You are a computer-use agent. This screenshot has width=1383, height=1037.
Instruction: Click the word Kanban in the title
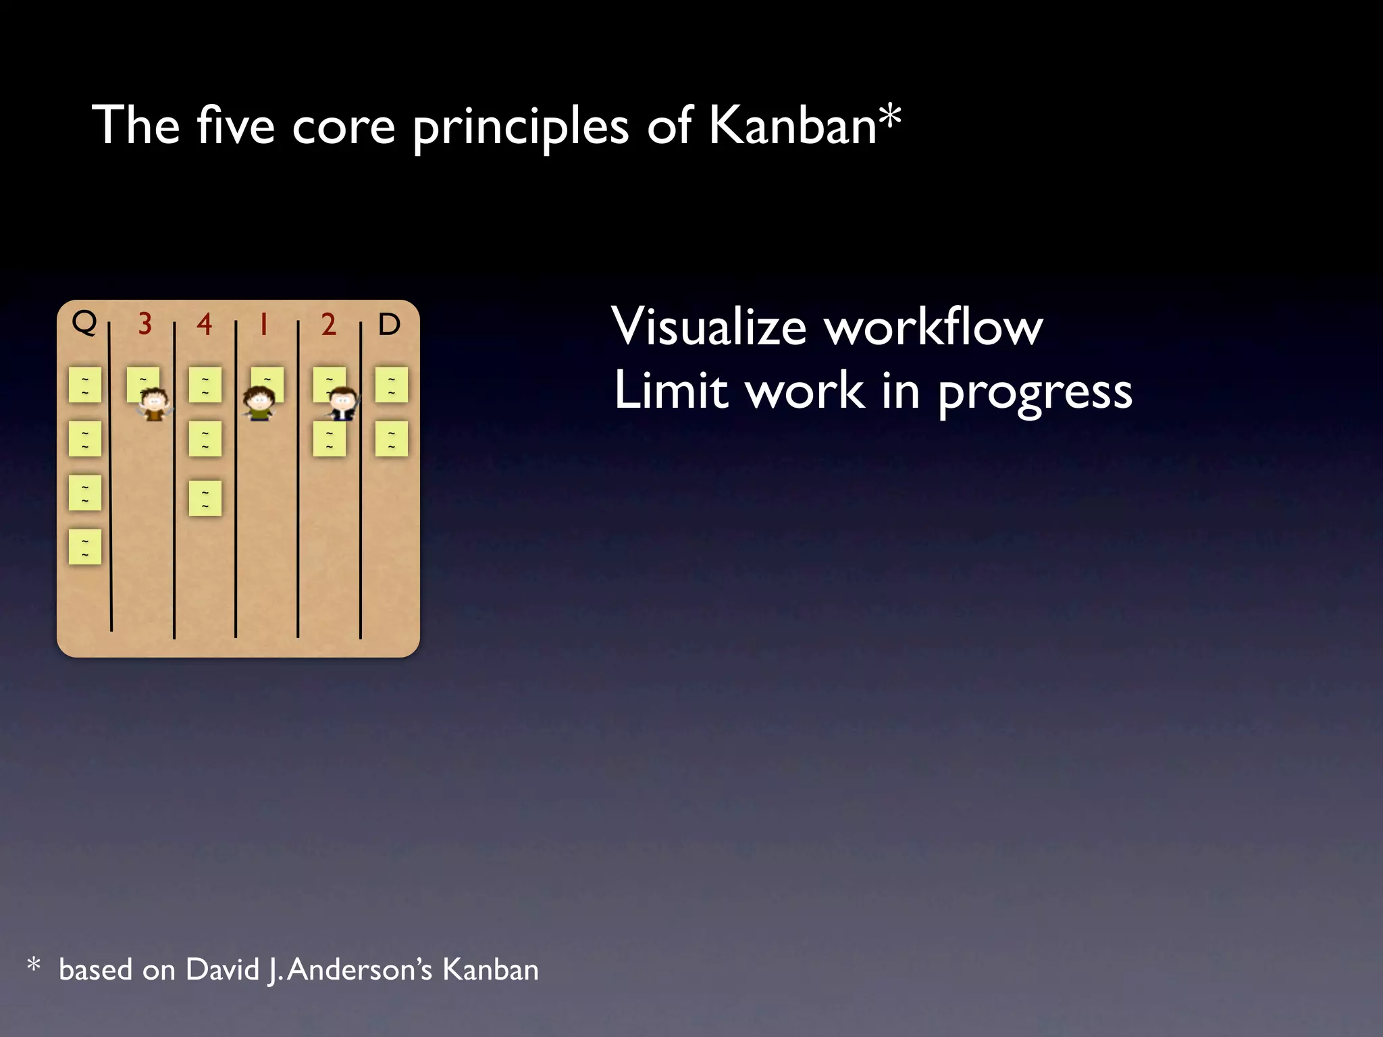[791, 126]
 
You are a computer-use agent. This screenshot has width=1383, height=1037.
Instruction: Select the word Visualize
[709, 327]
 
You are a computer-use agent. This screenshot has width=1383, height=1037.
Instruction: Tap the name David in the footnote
[222, 970]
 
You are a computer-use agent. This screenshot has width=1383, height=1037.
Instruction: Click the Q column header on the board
[84, 323]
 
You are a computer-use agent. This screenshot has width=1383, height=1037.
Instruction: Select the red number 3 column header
[145, 325]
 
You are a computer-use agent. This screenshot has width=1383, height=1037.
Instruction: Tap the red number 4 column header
[205, 325]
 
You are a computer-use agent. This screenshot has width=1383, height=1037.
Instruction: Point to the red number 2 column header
[329, 325]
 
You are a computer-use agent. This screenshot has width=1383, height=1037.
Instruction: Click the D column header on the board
[390, 325]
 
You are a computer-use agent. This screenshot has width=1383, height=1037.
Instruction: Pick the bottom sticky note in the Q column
[85, 547]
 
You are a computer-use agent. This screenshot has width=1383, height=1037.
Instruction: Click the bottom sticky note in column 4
[205, 498]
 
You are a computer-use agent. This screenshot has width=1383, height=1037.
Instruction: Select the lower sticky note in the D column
[392, 439]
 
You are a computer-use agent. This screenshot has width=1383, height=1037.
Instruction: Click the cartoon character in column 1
[259, 404]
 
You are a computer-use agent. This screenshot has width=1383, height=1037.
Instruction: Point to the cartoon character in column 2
[343, 404]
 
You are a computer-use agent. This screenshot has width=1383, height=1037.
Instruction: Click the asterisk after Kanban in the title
[891, 116]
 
